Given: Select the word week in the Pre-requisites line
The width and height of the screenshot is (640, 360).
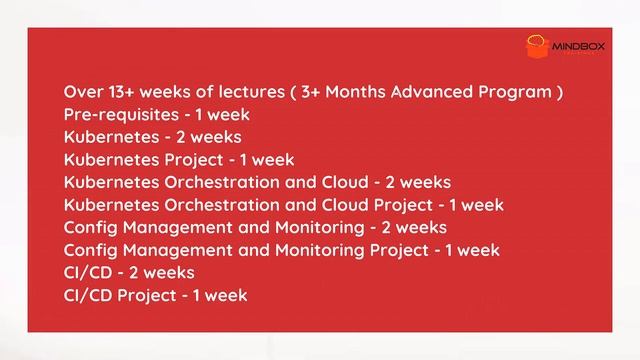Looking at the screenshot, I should pos(227,115).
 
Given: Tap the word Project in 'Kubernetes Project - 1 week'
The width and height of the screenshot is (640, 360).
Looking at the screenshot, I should pos(195,160).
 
